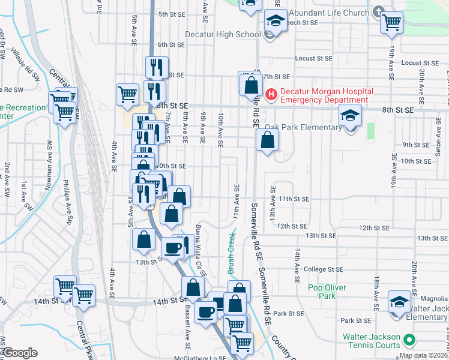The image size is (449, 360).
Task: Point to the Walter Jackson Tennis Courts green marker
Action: coord(410,340)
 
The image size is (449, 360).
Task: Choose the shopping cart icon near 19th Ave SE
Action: coord(391,23)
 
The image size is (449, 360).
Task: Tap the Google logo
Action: coord(20,353)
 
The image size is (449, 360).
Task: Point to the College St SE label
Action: coord(323,270)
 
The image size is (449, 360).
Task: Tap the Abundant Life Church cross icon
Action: coord(378,11)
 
